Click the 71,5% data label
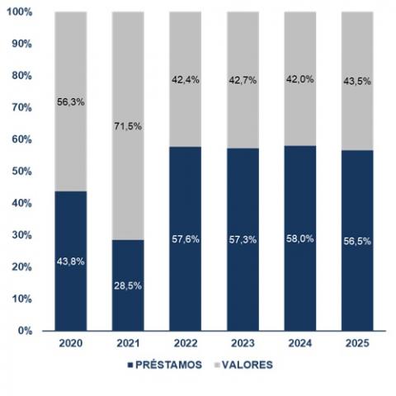(x=129, y=126)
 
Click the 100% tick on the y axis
(x=21, y=12)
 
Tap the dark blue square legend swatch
(x=130, y=364)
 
